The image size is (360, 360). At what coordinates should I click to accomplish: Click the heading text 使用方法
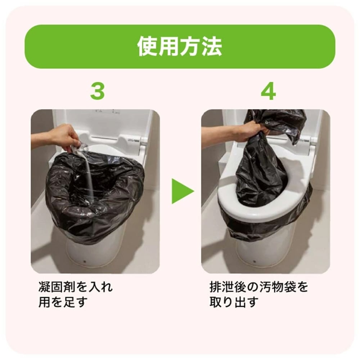(180, 47)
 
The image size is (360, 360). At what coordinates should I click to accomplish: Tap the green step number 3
(97, 92)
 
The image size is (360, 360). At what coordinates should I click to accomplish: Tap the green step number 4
(268, 92)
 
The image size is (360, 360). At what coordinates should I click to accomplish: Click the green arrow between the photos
(182, 191)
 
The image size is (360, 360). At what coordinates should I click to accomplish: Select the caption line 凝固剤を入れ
(75, 287)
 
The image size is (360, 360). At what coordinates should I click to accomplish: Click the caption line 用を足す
(63, 302)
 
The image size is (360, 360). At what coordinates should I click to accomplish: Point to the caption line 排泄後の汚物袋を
(259, 287)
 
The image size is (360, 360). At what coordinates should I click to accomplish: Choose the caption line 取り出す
(234, 302)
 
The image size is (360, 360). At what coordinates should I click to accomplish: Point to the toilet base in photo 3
(94, 252)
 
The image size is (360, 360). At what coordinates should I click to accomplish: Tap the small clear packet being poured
(81, 148)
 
